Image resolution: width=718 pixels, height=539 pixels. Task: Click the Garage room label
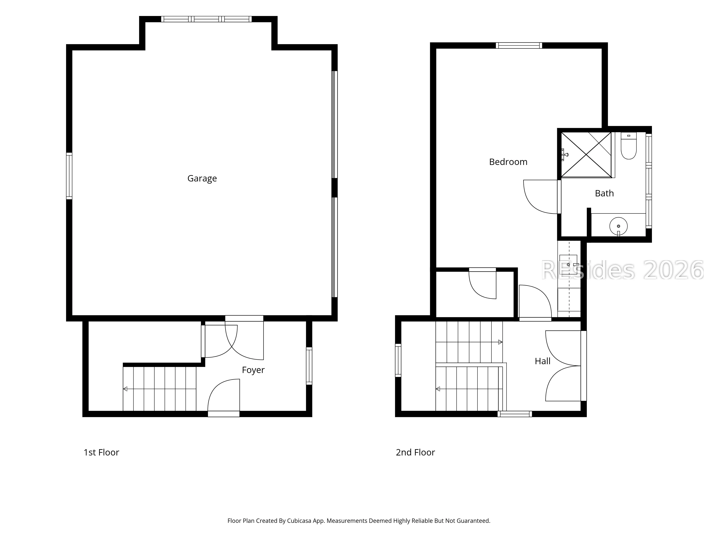202,178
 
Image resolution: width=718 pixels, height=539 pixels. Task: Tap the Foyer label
253,370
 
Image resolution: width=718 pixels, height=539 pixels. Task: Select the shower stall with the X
586,155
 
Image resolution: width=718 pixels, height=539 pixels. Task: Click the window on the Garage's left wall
69,176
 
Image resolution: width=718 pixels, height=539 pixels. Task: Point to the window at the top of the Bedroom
519,45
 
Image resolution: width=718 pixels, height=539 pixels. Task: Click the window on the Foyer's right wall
309,366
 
